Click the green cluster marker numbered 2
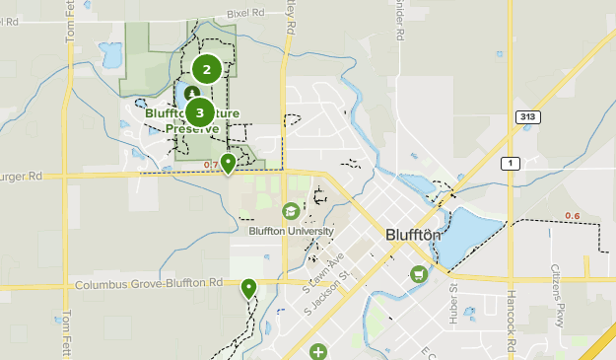[206, 69]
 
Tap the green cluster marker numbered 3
[199, 112]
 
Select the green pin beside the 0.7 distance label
[228, 162]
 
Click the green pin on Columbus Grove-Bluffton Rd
[248, 287]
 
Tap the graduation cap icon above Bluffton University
[291, 211]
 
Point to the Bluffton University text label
[291, 231]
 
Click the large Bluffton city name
[409, 238]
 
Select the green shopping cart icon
[419, 273]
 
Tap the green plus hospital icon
[317, 351]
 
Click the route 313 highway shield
[528, 117]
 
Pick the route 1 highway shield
[511, 163]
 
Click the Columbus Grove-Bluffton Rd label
[148, 284]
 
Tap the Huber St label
[454, 302]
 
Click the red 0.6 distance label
[572, 216]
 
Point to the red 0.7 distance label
[211, 165]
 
